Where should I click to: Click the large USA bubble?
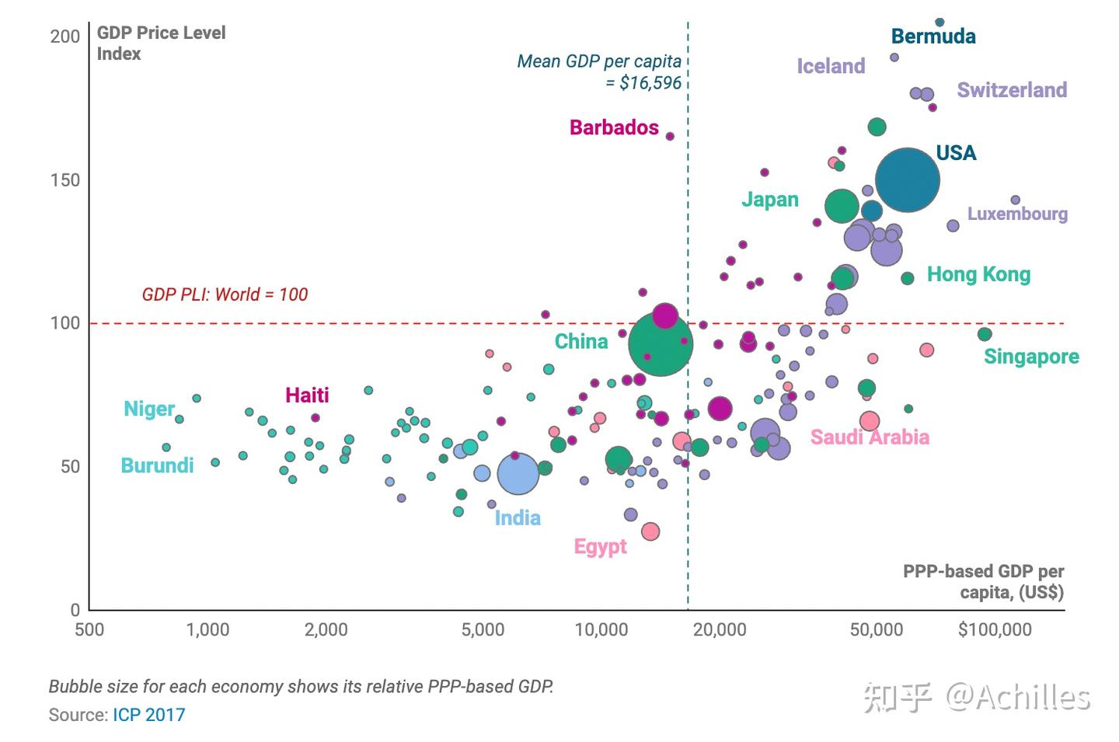(907, 180)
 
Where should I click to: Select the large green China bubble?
(661, 344)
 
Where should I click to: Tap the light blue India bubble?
(518, 474)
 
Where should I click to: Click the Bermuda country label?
(933, 37)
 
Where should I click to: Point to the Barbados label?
(614, 127)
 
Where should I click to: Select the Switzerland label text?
(1012, 90)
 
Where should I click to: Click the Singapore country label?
(1031, 357)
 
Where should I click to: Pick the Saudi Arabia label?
(870, 437)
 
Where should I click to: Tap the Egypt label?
(600, 547)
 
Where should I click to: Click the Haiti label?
(307, 395)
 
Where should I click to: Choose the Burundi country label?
(157, 465)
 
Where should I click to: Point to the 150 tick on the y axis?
(65, 180)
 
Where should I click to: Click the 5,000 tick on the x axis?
(483, 630)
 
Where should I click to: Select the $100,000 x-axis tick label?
(995, 630)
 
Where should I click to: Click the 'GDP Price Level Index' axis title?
(161, 44)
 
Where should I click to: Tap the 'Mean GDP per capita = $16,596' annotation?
(599, 72)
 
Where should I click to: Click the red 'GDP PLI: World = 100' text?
(225, 294)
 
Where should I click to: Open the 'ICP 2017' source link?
(149, 715)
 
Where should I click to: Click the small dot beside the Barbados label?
(670, 136)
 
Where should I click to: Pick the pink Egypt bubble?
(650, 531)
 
